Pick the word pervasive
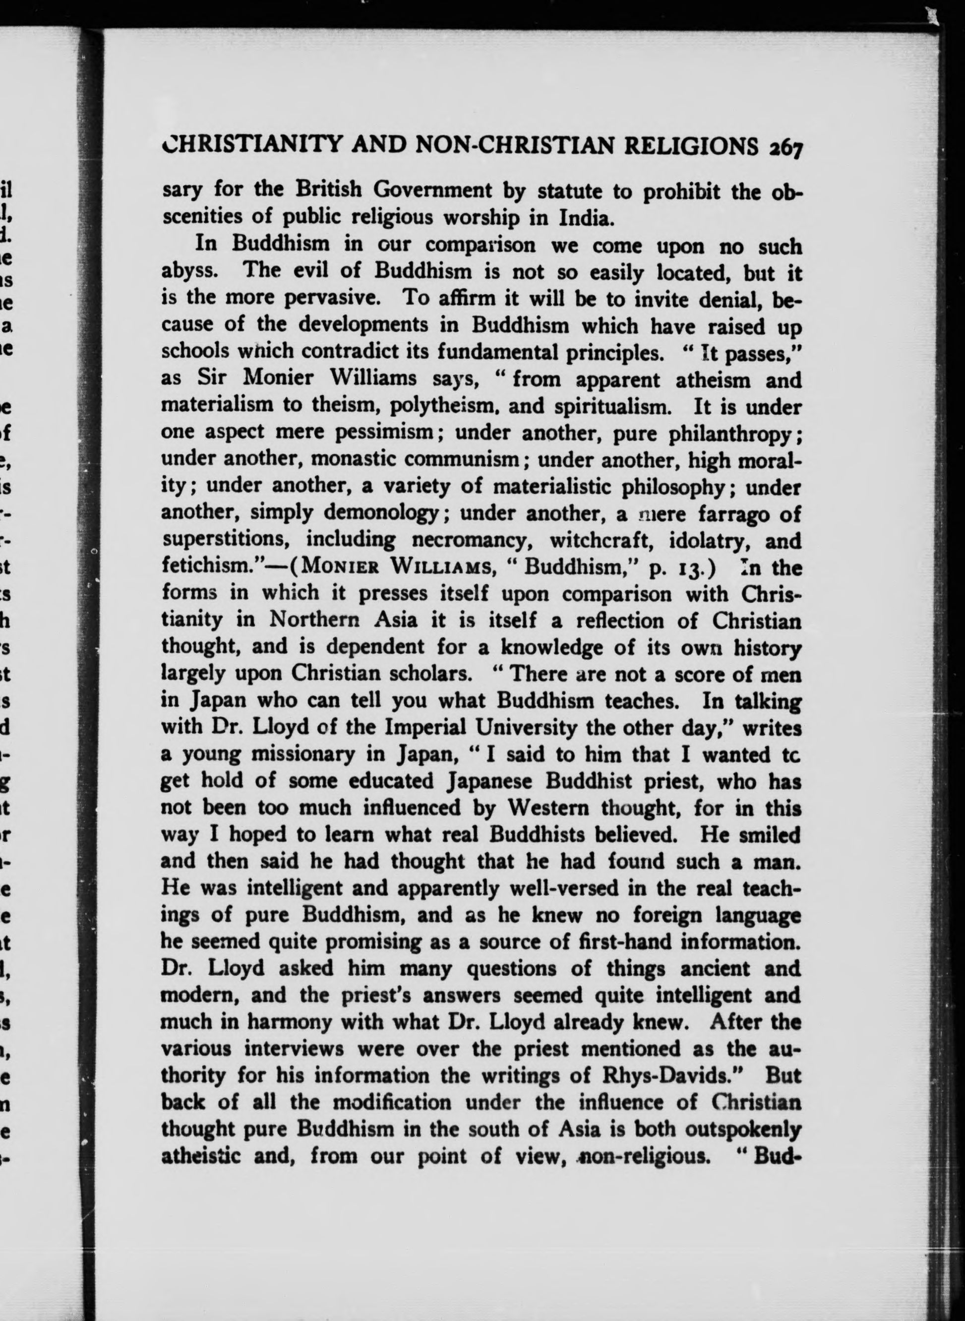click(332, 298)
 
